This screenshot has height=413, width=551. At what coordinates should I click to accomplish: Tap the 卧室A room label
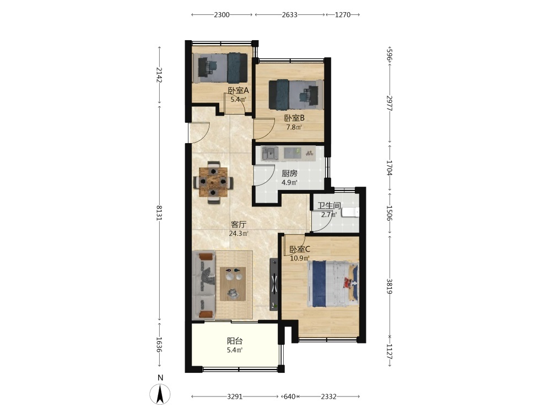[238, 91]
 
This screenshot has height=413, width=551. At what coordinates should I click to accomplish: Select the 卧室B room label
[294, 118]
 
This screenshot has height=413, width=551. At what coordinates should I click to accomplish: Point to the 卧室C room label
[299, 249]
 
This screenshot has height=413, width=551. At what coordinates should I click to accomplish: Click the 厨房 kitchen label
[290, 173]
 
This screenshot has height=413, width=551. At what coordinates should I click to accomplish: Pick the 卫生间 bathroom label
[329, 206]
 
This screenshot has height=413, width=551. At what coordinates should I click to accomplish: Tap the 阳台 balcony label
[235, 341]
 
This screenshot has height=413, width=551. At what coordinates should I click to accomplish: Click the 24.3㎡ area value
[239, 233]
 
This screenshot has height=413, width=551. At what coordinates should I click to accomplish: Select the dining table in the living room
[213, 182]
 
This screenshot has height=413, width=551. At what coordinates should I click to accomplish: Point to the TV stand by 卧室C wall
[274, 285]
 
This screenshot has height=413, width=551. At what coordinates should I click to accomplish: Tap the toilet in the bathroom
[350, 212]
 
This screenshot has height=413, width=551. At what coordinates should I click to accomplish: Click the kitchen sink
[270, 154]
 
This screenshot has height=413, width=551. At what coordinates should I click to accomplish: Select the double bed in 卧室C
[333, 284]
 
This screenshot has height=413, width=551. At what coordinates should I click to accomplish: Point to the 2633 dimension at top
[290, 15]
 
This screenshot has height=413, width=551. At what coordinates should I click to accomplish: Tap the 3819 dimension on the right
[390, 286]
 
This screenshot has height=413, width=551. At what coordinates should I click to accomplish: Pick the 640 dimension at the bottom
[289, 396]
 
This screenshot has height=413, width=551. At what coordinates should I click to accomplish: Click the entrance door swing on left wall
[199, 132]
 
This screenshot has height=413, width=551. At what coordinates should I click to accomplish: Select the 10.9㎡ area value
[299, 258]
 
